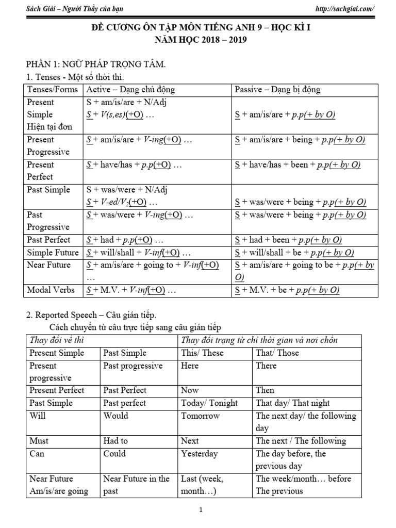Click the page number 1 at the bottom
201,510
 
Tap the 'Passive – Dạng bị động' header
277,90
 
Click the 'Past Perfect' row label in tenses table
48,240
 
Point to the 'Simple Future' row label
53,253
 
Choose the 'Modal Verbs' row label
50,290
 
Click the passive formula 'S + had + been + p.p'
288,240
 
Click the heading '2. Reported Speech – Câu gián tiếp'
91,315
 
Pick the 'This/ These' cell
202,353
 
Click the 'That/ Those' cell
277,353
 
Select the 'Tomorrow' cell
201,416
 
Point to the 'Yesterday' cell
200,454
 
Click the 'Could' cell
114,454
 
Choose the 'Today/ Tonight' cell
209,403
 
